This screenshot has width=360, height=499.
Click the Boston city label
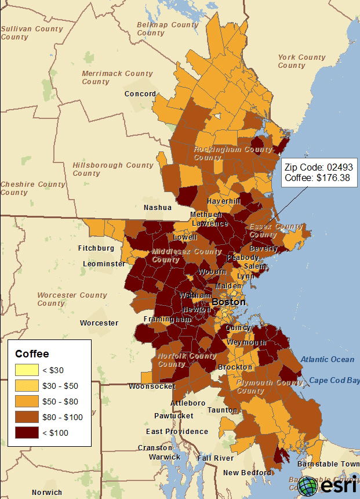[x=228, y=302]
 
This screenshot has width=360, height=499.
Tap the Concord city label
[x=140, y=93]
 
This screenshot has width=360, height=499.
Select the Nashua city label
[x=158, y=207]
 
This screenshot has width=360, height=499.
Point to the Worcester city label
[x=99, y=323]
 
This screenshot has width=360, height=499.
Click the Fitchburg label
[x=96, y=248]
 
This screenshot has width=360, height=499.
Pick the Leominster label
[x=104, y=263]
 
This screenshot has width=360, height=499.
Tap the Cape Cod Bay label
[x=334, y=380]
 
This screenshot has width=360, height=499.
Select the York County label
[x=301, y=62]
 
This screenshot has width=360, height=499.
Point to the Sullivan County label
[x=32, y=32]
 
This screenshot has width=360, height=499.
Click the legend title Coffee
[x=32, y=353]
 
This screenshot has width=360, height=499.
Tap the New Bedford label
[x=248, y=472]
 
